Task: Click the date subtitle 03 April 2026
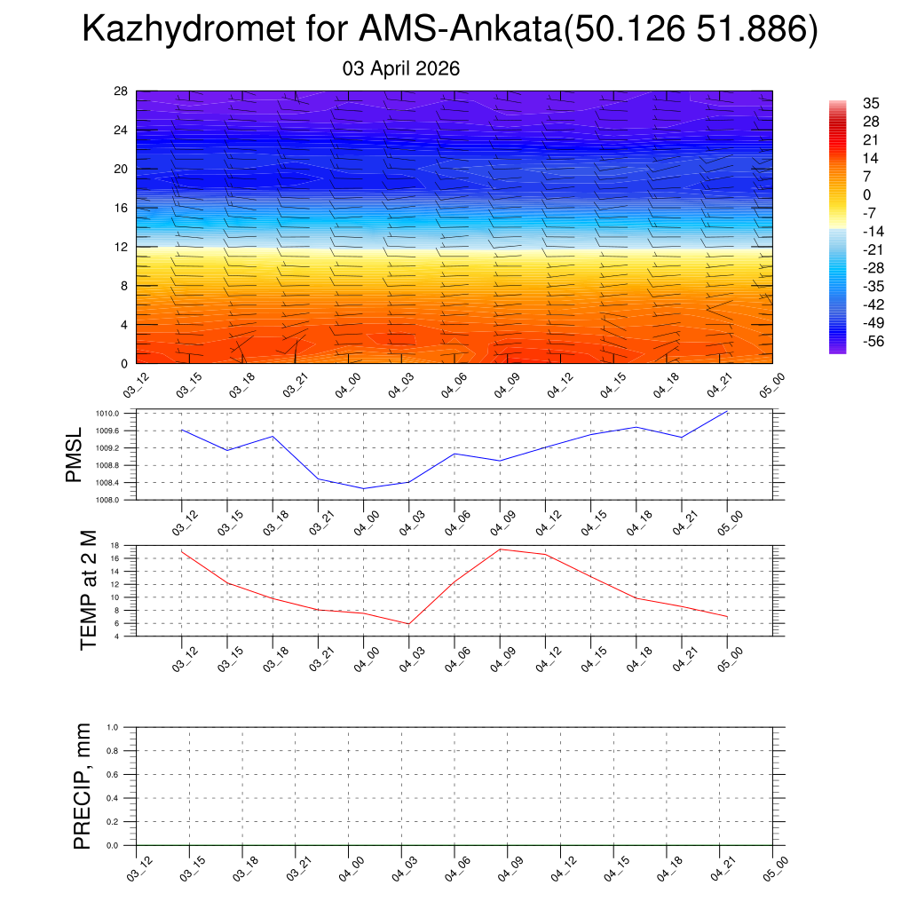(x=401, y=68)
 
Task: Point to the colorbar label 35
(x=871, y=103)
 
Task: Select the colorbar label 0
(x=867, y=195)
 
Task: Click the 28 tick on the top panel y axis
(x=122, y=91)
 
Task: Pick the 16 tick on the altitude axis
(x=122, y=208)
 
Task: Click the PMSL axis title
(x=74, y=456)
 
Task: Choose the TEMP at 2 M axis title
(x=89, y=590)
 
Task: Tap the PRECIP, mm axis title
(x=83, y=786)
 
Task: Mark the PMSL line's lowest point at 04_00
(x=363, y=488)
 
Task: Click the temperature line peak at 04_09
(x=500, y=549)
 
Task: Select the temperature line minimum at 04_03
(x=409, y=624)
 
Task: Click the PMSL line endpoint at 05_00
(x=727, y=412)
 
